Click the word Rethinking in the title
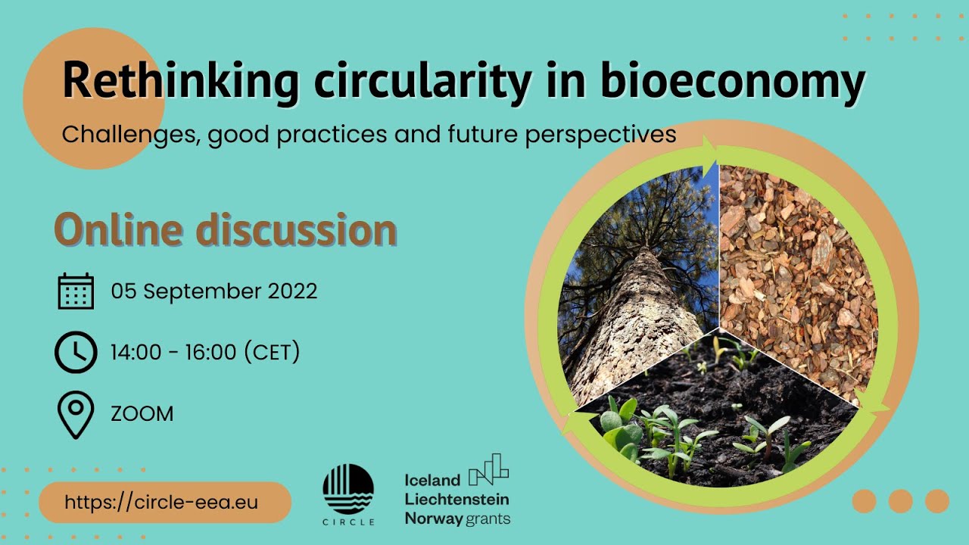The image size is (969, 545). [180, 82]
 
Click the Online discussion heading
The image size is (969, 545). [225, 230]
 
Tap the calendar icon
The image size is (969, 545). [76, 291]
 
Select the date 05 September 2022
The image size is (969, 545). [214, 291]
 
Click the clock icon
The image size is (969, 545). [76, 352]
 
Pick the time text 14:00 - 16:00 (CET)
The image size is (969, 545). [205, 352]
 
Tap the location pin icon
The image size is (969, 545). [76, 414]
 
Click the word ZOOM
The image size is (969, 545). [142, 414]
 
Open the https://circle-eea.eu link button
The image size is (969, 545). [164, 503]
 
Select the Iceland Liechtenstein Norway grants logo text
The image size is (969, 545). [456, 499]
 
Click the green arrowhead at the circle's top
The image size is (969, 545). [710, 147]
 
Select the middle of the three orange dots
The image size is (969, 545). [900, 501]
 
